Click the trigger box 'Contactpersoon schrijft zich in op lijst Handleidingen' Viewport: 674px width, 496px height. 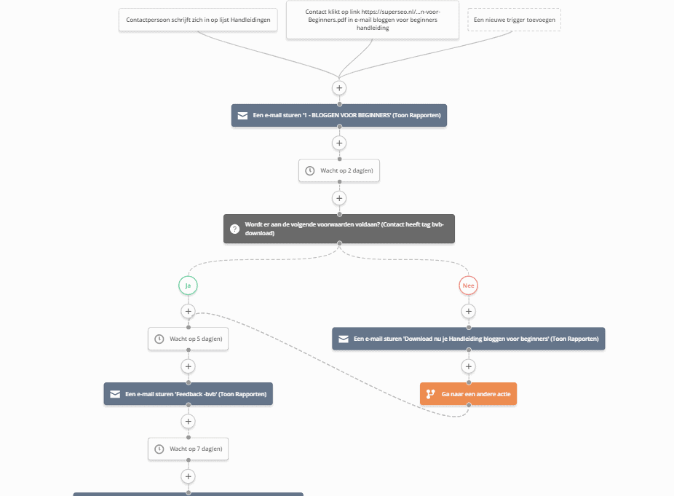tap(198, 20)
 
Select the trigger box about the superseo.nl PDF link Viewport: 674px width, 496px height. tap(372, 20)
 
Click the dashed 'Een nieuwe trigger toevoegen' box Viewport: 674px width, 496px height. tap(515, 20)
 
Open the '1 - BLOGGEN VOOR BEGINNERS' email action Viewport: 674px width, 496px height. tap(338, 115)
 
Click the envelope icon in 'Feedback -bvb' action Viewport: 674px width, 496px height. tap(114, 394)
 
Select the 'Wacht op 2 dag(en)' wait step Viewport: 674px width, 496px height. tap(339, 170)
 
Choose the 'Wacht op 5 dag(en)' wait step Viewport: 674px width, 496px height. tap(188, 339)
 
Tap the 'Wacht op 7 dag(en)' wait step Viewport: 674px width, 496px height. tap(188, 449)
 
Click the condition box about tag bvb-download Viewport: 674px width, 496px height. tap(338, 229)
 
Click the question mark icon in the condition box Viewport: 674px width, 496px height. tap(234, 229)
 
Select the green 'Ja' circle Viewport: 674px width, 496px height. tap(188, 286)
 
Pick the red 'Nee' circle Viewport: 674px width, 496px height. tap(468, 286)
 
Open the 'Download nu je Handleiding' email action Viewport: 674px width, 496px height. tap(468, 339)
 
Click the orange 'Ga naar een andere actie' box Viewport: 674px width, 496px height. tap(468, 394)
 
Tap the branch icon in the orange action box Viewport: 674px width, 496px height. tap(430, 394)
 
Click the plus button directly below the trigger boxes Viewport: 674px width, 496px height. tap(339, 87)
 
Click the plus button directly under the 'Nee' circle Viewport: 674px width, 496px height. tap(468, 312)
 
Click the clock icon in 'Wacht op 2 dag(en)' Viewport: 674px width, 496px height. tap(309, 170)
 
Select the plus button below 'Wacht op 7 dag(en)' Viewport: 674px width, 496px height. tap(188, 476)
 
